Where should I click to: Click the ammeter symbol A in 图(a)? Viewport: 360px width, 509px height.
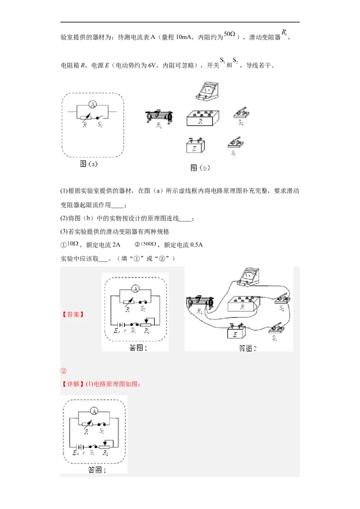92,104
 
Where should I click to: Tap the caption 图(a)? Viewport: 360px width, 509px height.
89,164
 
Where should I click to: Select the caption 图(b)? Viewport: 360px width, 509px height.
200,168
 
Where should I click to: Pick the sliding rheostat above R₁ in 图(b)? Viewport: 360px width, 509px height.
159,116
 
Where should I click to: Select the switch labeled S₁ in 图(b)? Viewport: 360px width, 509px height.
236,142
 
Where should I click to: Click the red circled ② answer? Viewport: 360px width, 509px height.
63,371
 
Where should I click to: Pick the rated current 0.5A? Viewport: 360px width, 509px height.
195,245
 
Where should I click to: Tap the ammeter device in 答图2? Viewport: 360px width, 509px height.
247,276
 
